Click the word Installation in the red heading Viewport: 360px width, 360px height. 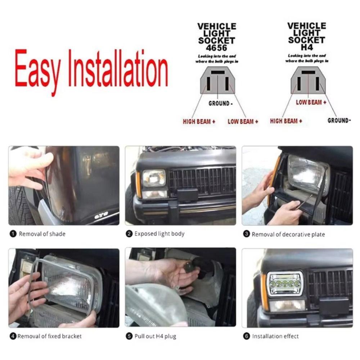click(118, 68)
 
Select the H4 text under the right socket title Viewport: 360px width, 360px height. click(307, 47)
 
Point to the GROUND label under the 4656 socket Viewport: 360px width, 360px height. click(220, 104)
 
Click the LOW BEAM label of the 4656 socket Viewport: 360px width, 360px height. click(243, 122)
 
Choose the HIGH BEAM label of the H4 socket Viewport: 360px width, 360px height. click(286, 121)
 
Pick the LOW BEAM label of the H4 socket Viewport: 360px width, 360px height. click(311, 103)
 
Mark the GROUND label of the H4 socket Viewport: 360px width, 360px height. click(339, 121)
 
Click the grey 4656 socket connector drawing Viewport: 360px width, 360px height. click(217, 81)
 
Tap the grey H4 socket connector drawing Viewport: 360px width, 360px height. click(308, 81)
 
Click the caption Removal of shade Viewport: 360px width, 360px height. click(42, 234)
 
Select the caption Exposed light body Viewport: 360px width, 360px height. click(159, 234)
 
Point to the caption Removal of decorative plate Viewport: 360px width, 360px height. click(288, 234)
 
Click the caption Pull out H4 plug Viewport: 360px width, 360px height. click(155, 337)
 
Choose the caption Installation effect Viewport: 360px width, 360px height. click(275, 337)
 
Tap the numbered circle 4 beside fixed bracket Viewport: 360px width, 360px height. click(13, 337)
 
